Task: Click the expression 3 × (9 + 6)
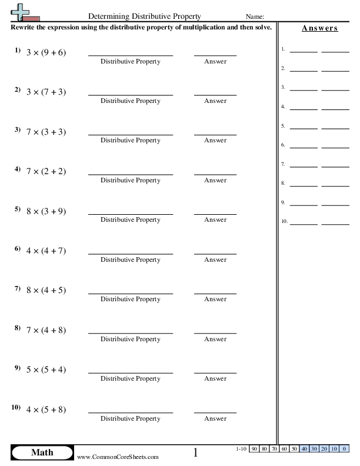46,52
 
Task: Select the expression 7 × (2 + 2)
46,171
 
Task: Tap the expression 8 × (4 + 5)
46,290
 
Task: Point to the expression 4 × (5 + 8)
46,410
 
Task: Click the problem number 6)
18,249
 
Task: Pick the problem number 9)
18,368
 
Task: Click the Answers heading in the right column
319,28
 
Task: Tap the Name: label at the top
255,16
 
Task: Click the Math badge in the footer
42,452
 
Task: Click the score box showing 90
254,449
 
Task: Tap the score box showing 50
294,449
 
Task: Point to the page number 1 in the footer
195,452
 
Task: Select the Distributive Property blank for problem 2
131,93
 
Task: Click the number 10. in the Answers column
285,222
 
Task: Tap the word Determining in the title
110,16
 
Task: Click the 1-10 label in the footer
241,449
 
